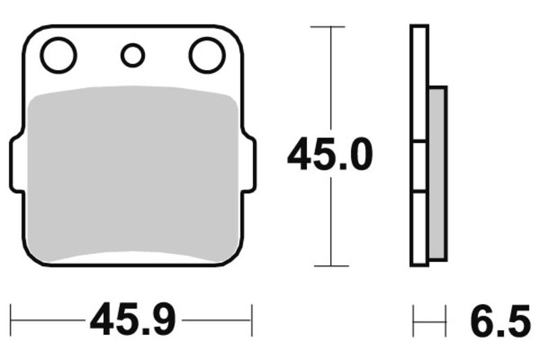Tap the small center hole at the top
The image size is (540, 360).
click(x=133, y=55)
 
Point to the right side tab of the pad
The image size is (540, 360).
click(x=250, y=164)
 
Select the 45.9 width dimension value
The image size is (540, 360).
click(x=132, y=320)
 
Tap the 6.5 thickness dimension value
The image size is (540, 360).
click(x=500, y=320)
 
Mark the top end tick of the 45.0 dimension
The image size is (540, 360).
click(x=329, y=27)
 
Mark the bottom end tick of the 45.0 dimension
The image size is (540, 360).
click(x=329, y=265)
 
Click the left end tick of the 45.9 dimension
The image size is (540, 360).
click(x=11, y=320)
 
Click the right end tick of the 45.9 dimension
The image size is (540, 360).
click(x=252, y=320)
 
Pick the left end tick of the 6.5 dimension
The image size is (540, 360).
click(x=413, y=320)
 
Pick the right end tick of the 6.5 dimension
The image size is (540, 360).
click(x=446, y=320)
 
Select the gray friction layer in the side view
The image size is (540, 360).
click(x=437, y=174)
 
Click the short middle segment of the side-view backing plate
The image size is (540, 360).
click(x=419, y=166)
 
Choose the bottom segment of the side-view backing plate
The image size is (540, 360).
click(x=419, y=228)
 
